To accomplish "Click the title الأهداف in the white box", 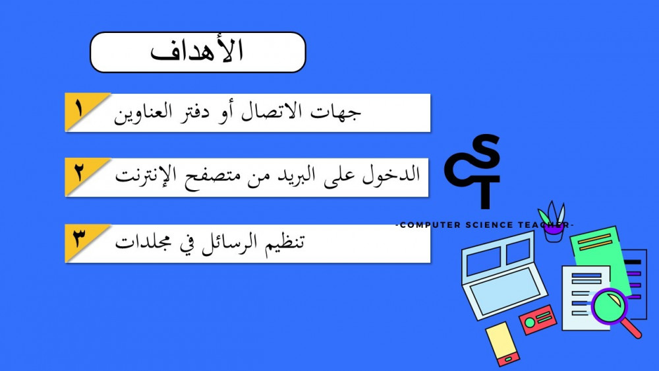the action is [x=196, y=51].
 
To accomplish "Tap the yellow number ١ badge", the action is [x=82, y=110].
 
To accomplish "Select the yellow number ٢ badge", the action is [x=82, y=174].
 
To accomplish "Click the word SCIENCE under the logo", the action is [x=489, y=225].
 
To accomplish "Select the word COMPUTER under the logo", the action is [x=430, y=225].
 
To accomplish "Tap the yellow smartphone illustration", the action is [x=502, y=343].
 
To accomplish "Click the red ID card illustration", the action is [x=538, y=320].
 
